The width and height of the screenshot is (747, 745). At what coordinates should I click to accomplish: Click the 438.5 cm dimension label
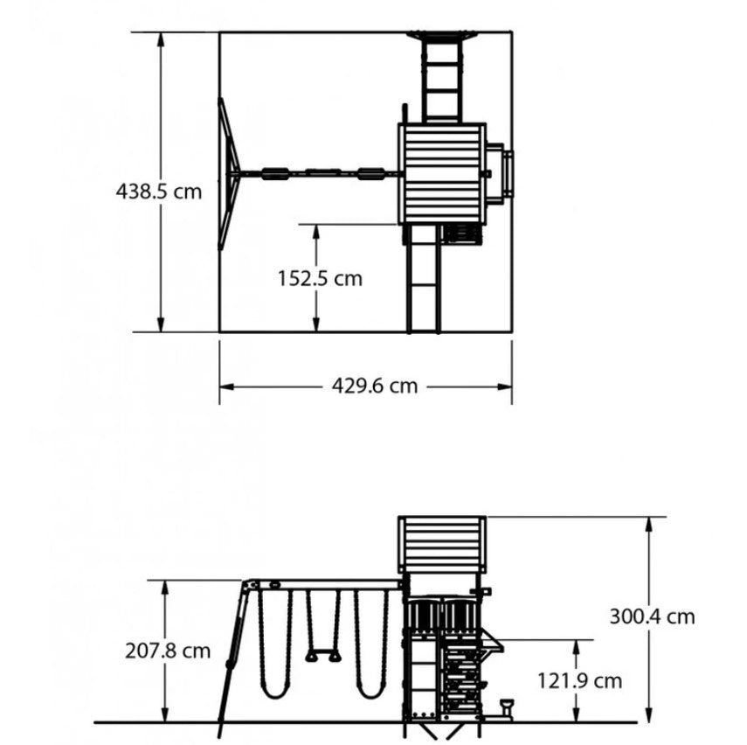coord(159,191)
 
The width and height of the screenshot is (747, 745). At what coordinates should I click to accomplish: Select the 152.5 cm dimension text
coord(320,279)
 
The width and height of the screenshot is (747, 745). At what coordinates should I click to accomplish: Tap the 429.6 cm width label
coord(375,386)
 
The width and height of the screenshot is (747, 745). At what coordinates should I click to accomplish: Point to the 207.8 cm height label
coord(168,651)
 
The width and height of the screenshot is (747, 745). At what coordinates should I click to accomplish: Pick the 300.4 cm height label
coord(652,616)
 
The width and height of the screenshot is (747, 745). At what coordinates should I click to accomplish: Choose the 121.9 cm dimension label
coord(580,680)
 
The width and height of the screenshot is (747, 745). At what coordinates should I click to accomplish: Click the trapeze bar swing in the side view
coord(323,626)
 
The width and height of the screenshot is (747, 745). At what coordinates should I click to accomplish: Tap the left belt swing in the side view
coord(274,644)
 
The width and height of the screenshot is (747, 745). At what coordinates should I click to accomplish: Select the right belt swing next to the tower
coord(371,644)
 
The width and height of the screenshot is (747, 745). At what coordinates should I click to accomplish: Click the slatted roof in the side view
coord(442,544)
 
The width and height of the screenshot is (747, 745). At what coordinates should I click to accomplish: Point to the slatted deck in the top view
coord(442,174)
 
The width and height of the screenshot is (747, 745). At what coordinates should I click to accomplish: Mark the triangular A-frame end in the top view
coord(229,174)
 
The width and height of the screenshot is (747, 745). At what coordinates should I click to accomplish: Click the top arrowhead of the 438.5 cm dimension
coord(161,39)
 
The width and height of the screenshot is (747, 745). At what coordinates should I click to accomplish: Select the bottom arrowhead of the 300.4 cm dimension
coord(649,715)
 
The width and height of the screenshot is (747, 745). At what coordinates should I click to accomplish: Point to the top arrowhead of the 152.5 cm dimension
coord(316,232)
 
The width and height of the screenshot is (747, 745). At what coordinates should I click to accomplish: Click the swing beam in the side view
coord(324,585)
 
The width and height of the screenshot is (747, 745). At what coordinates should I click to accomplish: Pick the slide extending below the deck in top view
coord(424,278)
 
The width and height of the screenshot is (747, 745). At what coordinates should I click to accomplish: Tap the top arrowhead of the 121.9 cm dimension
coord(576,647)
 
